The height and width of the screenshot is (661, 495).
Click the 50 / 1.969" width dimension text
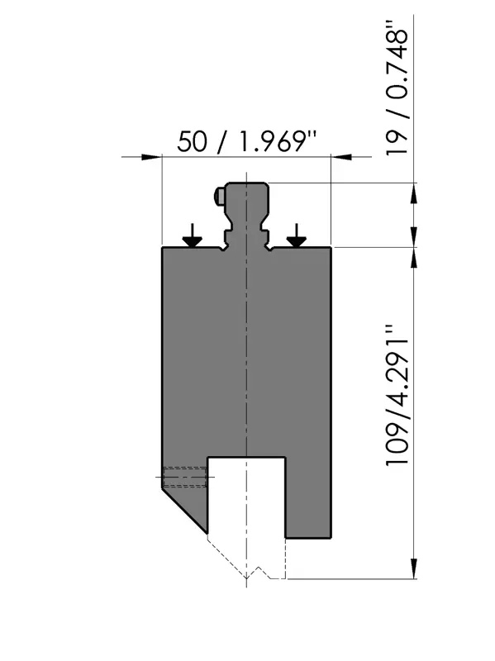[246, 141]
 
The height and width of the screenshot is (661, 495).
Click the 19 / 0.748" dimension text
[397, 87]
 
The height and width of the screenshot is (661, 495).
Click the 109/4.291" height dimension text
[397, 395]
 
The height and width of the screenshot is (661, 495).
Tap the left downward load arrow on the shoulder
[193, 235]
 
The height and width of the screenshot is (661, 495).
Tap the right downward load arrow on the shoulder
[297, 235]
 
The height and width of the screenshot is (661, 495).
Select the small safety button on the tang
[219, 194]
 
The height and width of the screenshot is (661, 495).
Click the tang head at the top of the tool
[246, 198]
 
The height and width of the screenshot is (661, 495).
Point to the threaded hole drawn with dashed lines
[185, 477]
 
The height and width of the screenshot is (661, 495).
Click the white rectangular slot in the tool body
[246, 497]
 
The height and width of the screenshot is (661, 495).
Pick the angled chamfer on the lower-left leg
[184, 511]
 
